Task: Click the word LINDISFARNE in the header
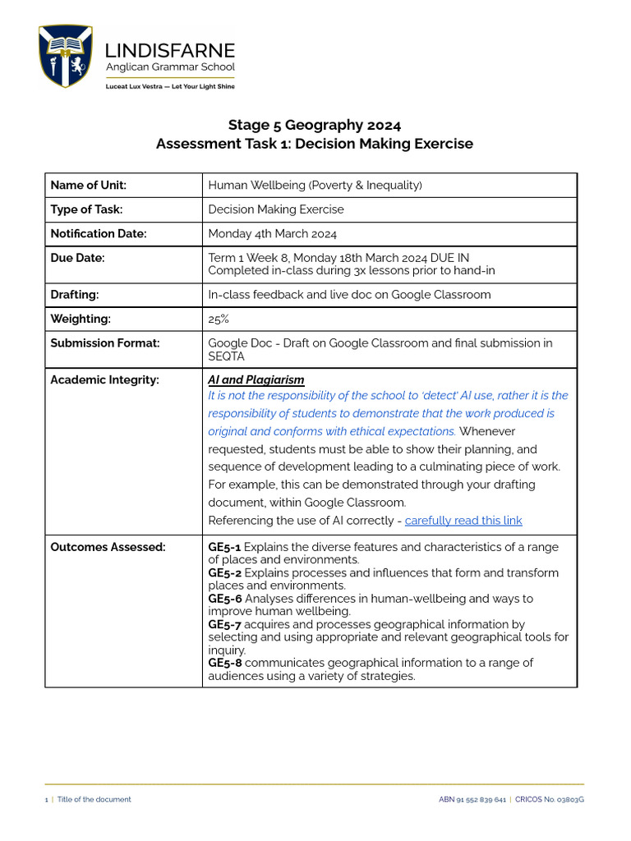(170, 51)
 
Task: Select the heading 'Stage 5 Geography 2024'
(315, 125)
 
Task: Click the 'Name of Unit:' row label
(89, 186)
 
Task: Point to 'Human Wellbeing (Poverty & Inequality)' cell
(315, 186)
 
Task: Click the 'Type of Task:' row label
(86, 209)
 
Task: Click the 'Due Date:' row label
(78, 258)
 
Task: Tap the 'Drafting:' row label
(77, 294)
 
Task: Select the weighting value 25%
(219, 319)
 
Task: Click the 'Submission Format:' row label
(105, 343)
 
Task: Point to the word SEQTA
(227, 356)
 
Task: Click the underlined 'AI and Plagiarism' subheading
(256, 379)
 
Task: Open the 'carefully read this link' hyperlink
(463, 521)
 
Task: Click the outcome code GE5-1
(224, 547)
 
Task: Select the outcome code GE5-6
(224, 599)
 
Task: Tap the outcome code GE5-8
(224, 663)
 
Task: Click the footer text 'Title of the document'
(94, 799)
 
